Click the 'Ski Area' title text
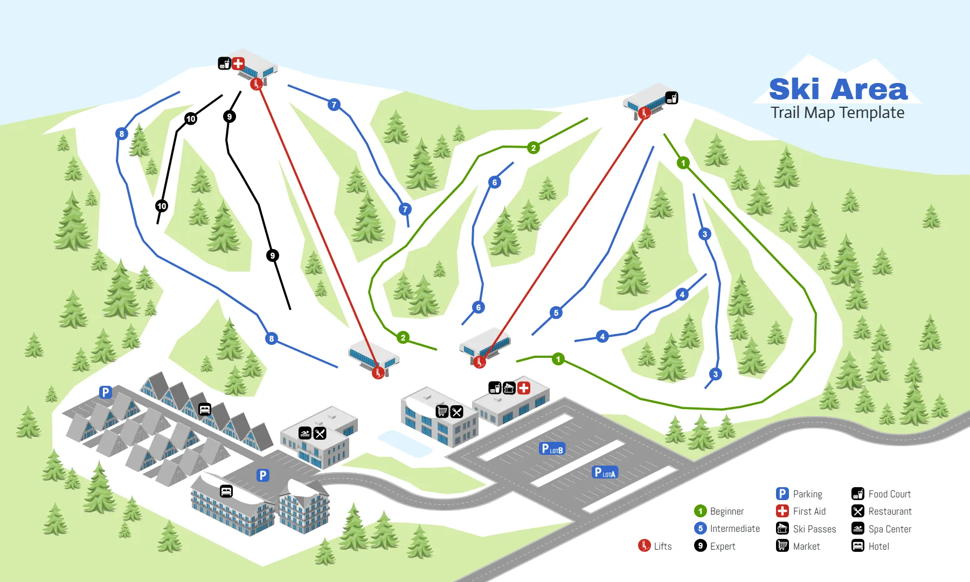(x=838, y=89)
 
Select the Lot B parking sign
(x=552, y=448)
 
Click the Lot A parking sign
(x=605, y=473)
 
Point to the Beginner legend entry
(x=719, y=511)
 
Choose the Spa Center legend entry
(x=882, y=529)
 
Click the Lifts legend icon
(x=644, y=545)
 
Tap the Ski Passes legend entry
(x=806, y=529)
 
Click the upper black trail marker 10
(x=191, y=119)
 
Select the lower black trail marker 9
(x=273, y=255)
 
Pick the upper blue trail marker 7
(x=334, y=105)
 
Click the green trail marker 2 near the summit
(x=533, y=148)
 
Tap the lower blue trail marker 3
(x=715, y=374)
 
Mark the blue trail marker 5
(x=556, y=313)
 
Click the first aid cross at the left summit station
(x=238, y=64)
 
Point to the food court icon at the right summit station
(x=671, y=98)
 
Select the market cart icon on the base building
(x=442, y=412)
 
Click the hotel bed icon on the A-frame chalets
(x=204, y=410)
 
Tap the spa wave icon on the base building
(x=305, y=433)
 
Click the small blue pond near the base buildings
(x=404, y=444)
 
